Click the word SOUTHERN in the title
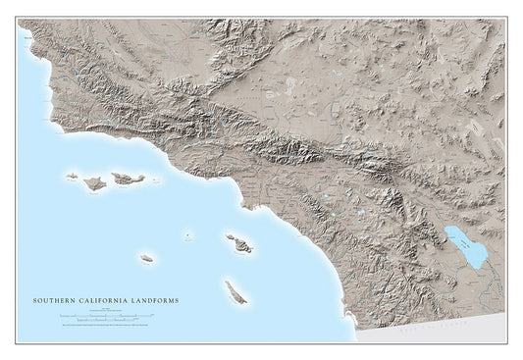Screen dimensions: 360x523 tap(51, 301)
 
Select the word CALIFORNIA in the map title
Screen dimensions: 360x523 tap(98, 301)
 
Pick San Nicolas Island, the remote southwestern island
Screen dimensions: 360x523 tap(146, 258)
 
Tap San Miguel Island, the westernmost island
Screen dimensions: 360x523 tap(72, 178)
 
